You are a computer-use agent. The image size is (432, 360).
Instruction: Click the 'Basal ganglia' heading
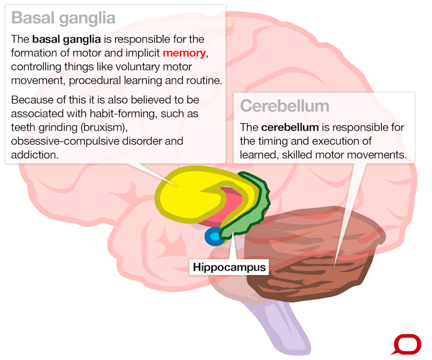63,18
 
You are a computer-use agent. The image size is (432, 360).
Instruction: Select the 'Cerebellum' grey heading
284,106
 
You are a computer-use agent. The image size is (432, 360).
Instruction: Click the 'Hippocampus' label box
229,267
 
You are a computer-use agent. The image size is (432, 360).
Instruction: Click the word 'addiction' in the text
35,155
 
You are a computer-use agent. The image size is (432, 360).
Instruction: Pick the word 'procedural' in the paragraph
136,80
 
